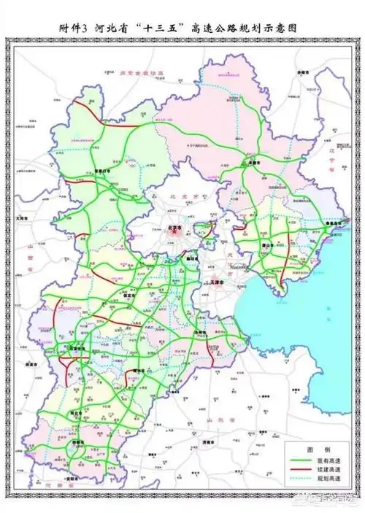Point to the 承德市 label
click(253, 163)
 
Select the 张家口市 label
click(106, 172)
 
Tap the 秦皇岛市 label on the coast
click(332, 225)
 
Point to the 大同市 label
click(23, 217)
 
